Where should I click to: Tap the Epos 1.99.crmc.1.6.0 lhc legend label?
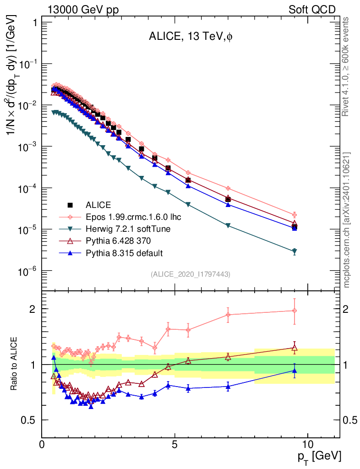tap(129, 217)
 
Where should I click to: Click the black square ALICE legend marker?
tap(70, 204)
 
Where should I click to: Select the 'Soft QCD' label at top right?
tap(312, 10)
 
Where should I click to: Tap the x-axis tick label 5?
tap(175, 444)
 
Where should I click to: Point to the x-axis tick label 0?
tap(42, 444)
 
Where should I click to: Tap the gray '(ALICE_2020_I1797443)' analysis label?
tap(190, 274)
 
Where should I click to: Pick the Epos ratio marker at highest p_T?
tap(295, 311)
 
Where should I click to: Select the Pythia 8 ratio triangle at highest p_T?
tap(295, 371)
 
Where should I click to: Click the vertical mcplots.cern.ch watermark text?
tap(347, 220)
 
